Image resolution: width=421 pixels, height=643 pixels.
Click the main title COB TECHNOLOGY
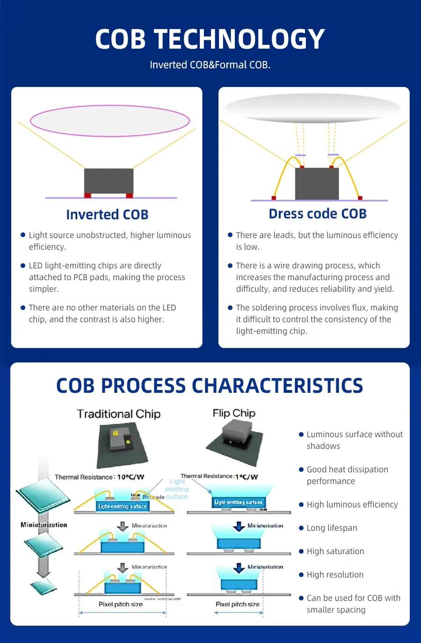210,39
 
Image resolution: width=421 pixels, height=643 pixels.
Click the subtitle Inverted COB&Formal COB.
210,65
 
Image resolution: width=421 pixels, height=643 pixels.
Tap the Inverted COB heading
107,215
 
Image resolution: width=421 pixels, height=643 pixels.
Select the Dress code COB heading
317,214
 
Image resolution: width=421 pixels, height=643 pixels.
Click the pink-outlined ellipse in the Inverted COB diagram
110,121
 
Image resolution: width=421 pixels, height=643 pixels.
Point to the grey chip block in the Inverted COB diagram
109,181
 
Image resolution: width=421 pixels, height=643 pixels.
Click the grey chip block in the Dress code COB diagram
317,183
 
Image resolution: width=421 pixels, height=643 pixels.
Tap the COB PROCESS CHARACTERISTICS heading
210,386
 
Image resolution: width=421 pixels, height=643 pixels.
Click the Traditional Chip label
119,414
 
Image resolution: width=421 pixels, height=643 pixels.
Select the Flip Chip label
234,413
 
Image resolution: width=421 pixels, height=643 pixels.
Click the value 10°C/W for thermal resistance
131,477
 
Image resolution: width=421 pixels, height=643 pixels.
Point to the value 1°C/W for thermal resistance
247,477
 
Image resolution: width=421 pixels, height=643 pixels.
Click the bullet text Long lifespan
332,528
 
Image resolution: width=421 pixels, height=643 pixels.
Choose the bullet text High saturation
335,551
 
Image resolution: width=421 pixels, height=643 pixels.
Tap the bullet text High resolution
335,575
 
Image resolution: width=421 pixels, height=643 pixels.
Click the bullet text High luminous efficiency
352,505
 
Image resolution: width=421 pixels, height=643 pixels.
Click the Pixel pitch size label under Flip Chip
237,604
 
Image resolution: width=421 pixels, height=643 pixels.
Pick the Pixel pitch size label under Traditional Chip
121,604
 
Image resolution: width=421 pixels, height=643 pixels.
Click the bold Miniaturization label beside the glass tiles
44,525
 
